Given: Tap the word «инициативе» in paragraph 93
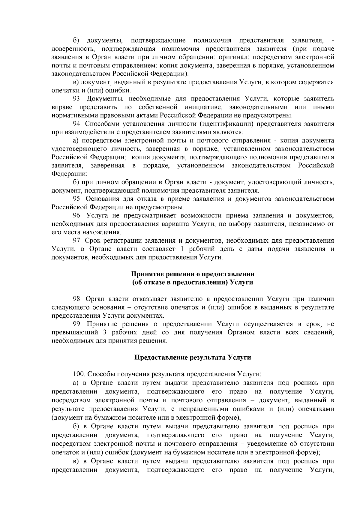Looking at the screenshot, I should [203, 107].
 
